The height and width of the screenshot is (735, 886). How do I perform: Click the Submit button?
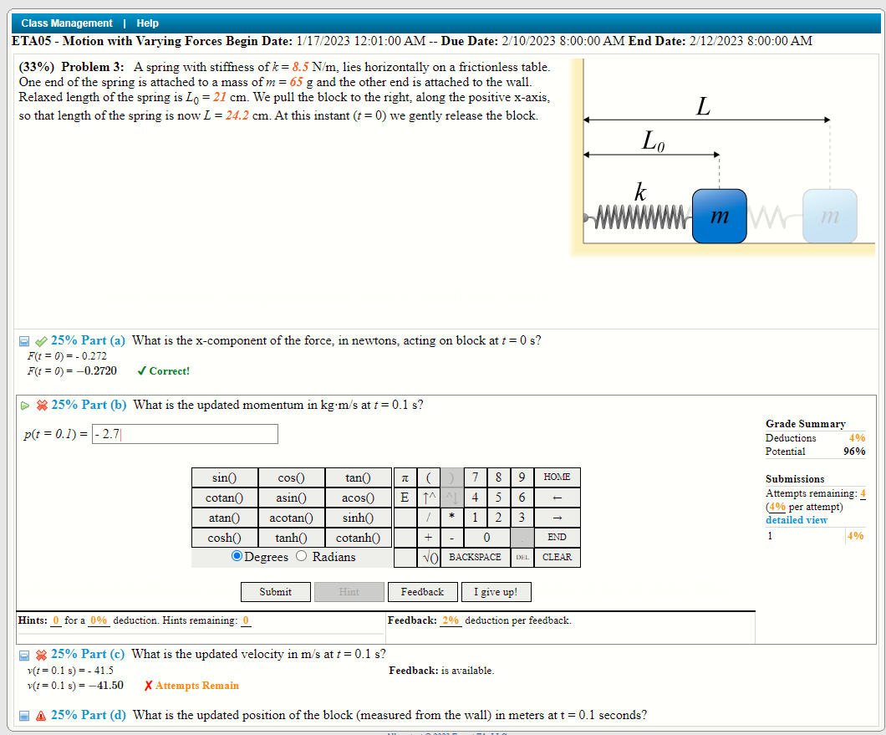275,592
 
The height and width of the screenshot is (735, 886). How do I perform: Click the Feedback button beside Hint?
422,592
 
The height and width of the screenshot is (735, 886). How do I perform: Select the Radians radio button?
302,557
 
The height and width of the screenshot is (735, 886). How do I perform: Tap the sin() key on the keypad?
224,477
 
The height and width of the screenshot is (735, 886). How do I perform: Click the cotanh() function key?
358,538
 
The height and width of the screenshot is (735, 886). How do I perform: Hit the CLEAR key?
557,557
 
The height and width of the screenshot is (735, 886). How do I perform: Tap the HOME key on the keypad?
557,477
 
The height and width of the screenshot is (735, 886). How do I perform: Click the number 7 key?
475,477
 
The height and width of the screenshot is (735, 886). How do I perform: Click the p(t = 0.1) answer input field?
185,434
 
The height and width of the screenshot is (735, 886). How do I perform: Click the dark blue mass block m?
719,217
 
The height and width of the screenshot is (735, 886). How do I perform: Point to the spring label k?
639,191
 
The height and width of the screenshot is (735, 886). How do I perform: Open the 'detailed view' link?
797,520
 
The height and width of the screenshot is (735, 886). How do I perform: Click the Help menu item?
147,23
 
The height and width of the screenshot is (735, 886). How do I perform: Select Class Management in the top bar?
67,23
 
